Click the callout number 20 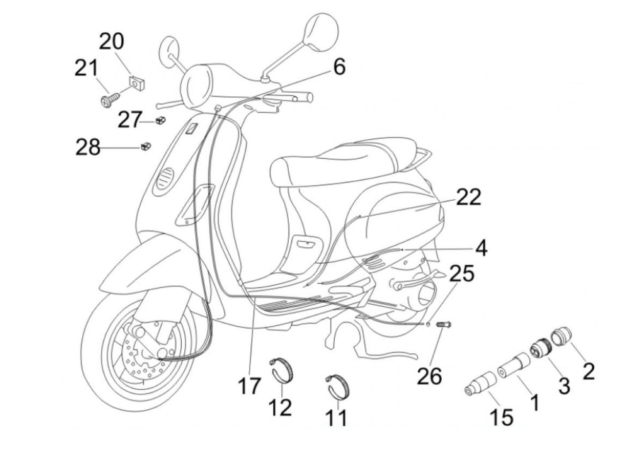click(x=111, y=42)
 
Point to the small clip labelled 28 click(x=146, y=146)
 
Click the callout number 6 click(x=339, y=68)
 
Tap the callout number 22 click(x=468, y=197)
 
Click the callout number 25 click(x=461, y=273)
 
